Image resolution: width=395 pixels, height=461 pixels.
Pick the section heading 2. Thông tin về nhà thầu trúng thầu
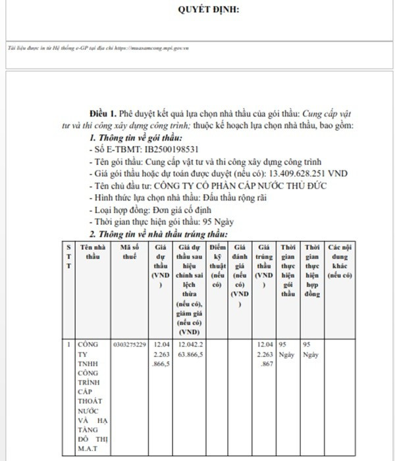tap(159, 233)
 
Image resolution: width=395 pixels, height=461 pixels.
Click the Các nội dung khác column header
tap(340, 260)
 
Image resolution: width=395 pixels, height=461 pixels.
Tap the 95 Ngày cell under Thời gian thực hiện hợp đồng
tap(311, 349)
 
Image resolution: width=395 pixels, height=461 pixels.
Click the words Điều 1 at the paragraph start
tap(103, 114)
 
